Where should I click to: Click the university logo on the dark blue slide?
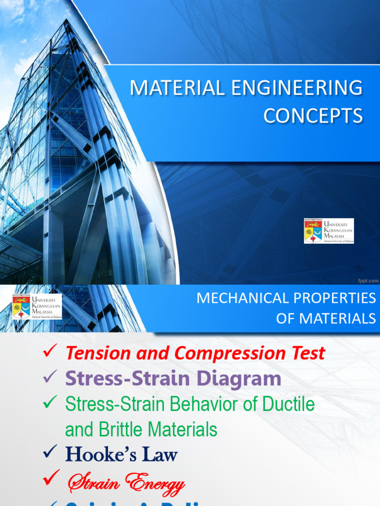[329, 231]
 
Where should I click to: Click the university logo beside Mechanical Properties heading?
[37, 306]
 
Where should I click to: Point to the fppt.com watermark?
[368, 280]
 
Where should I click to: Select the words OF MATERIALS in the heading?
[326, 319]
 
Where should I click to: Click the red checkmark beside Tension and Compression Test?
[50, 351]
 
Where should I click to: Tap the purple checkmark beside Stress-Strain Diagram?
[50, 378]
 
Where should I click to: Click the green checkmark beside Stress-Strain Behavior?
[50, 403]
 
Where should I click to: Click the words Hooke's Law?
[121, 455]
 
